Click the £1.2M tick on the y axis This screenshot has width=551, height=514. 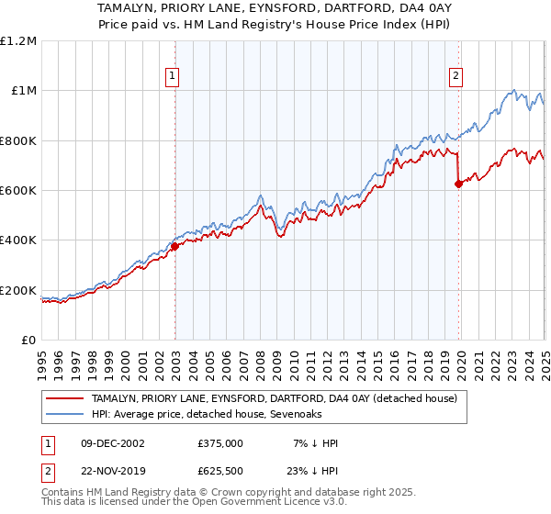(18, 41)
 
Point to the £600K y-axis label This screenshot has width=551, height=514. (18, 191)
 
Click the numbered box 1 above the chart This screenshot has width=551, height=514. (173, 77)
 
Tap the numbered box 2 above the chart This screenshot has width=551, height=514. (455, 77)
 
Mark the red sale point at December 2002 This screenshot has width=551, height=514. (174, 246)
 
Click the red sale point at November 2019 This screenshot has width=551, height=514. (458, 184)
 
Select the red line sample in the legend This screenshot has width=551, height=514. (65, 398)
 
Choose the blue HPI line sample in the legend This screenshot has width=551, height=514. (65, 415)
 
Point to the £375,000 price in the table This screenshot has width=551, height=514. (220, 443)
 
